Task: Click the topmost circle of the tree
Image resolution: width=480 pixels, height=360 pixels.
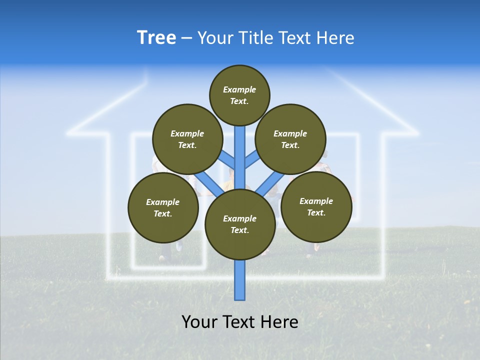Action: pos(239,95)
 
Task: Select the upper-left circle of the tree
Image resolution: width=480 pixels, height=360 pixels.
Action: pos(187,139)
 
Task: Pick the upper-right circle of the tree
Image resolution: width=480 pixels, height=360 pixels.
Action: pos(290,139)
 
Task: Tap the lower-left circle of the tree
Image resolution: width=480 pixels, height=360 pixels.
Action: pos(163,207)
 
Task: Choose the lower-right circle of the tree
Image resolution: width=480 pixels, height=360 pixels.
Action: pos(316,206)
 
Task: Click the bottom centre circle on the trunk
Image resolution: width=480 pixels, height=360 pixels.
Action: pos(240,224)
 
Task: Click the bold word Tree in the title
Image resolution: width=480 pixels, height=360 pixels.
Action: pos(156,37)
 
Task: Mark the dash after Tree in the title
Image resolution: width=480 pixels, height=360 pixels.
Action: pos(186,38)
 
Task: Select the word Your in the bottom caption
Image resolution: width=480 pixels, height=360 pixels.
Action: pos(199,322)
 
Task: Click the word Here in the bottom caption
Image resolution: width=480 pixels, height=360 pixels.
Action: pos(279,322)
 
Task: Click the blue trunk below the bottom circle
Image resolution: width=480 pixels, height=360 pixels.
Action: pos(240,280)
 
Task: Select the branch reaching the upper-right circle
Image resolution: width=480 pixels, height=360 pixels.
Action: pos(251,160)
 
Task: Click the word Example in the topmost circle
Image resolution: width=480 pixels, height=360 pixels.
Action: pos(239,89)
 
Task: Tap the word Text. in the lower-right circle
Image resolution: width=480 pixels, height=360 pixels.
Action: pos(316,212)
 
